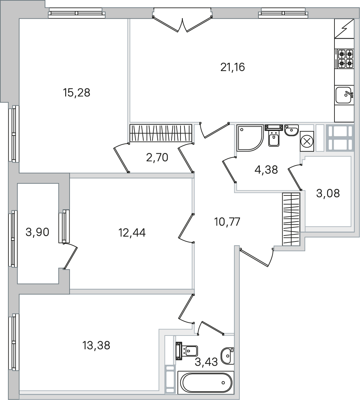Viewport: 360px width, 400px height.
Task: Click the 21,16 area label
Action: [x=232, y=68]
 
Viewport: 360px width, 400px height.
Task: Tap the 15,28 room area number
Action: [x=77, y=93]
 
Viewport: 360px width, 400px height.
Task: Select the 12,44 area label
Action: [x=132, y=233]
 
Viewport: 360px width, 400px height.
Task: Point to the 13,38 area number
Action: [x=96, y=346]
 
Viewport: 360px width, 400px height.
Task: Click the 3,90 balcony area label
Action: [x=37, y=232]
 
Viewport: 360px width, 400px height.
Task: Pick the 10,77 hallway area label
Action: [x=227, y=222]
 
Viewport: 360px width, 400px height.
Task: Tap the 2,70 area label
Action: [x=157, y=158]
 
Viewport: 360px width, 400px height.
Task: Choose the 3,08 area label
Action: [x=328, y=194]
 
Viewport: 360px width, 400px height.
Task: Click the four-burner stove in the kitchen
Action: [x=346, y=58]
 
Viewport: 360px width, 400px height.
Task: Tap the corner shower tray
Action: [x=250, y=138]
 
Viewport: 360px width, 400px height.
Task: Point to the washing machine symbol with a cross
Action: [x=307, y=141]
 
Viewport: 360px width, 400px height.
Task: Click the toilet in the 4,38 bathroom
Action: [x=274, y=135]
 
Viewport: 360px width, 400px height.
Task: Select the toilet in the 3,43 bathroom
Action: [x=187, y=351]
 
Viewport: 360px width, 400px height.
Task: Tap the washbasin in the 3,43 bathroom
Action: [x=228, y=356]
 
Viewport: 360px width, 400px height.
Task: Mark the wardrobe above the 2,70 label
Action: [x=161, y=133]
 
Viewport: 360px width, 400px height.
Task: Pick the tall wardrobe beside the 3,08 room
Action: [x=291, y=219]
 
